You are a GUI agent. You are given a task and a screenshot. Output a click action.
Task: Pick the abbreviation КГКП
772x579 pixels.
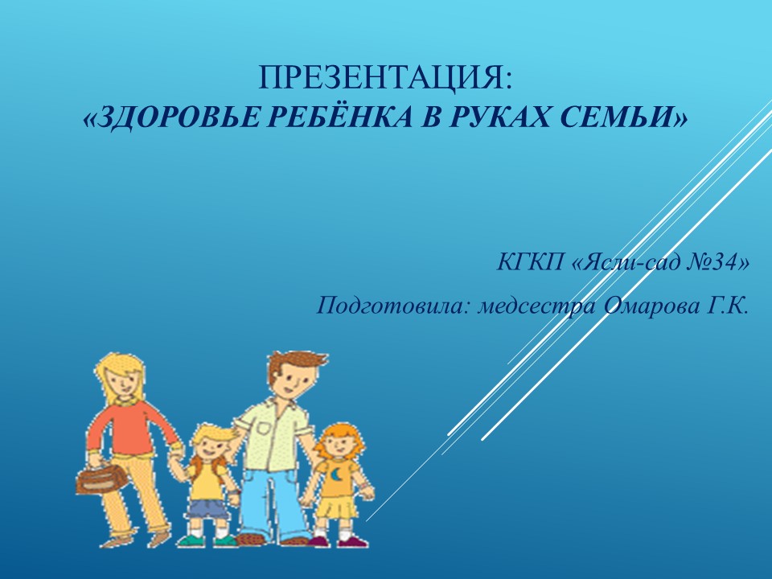(530, 262)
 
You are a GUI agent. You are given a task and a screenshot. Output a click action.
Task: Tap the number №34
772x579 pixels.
(710, 262)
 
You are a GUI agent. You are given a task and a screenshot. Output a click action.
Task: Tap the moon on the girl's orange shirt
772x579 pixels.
(336, 475)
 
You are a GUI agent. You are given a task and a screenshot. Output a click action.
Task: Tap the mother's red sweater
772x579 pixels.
(129, 427)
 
